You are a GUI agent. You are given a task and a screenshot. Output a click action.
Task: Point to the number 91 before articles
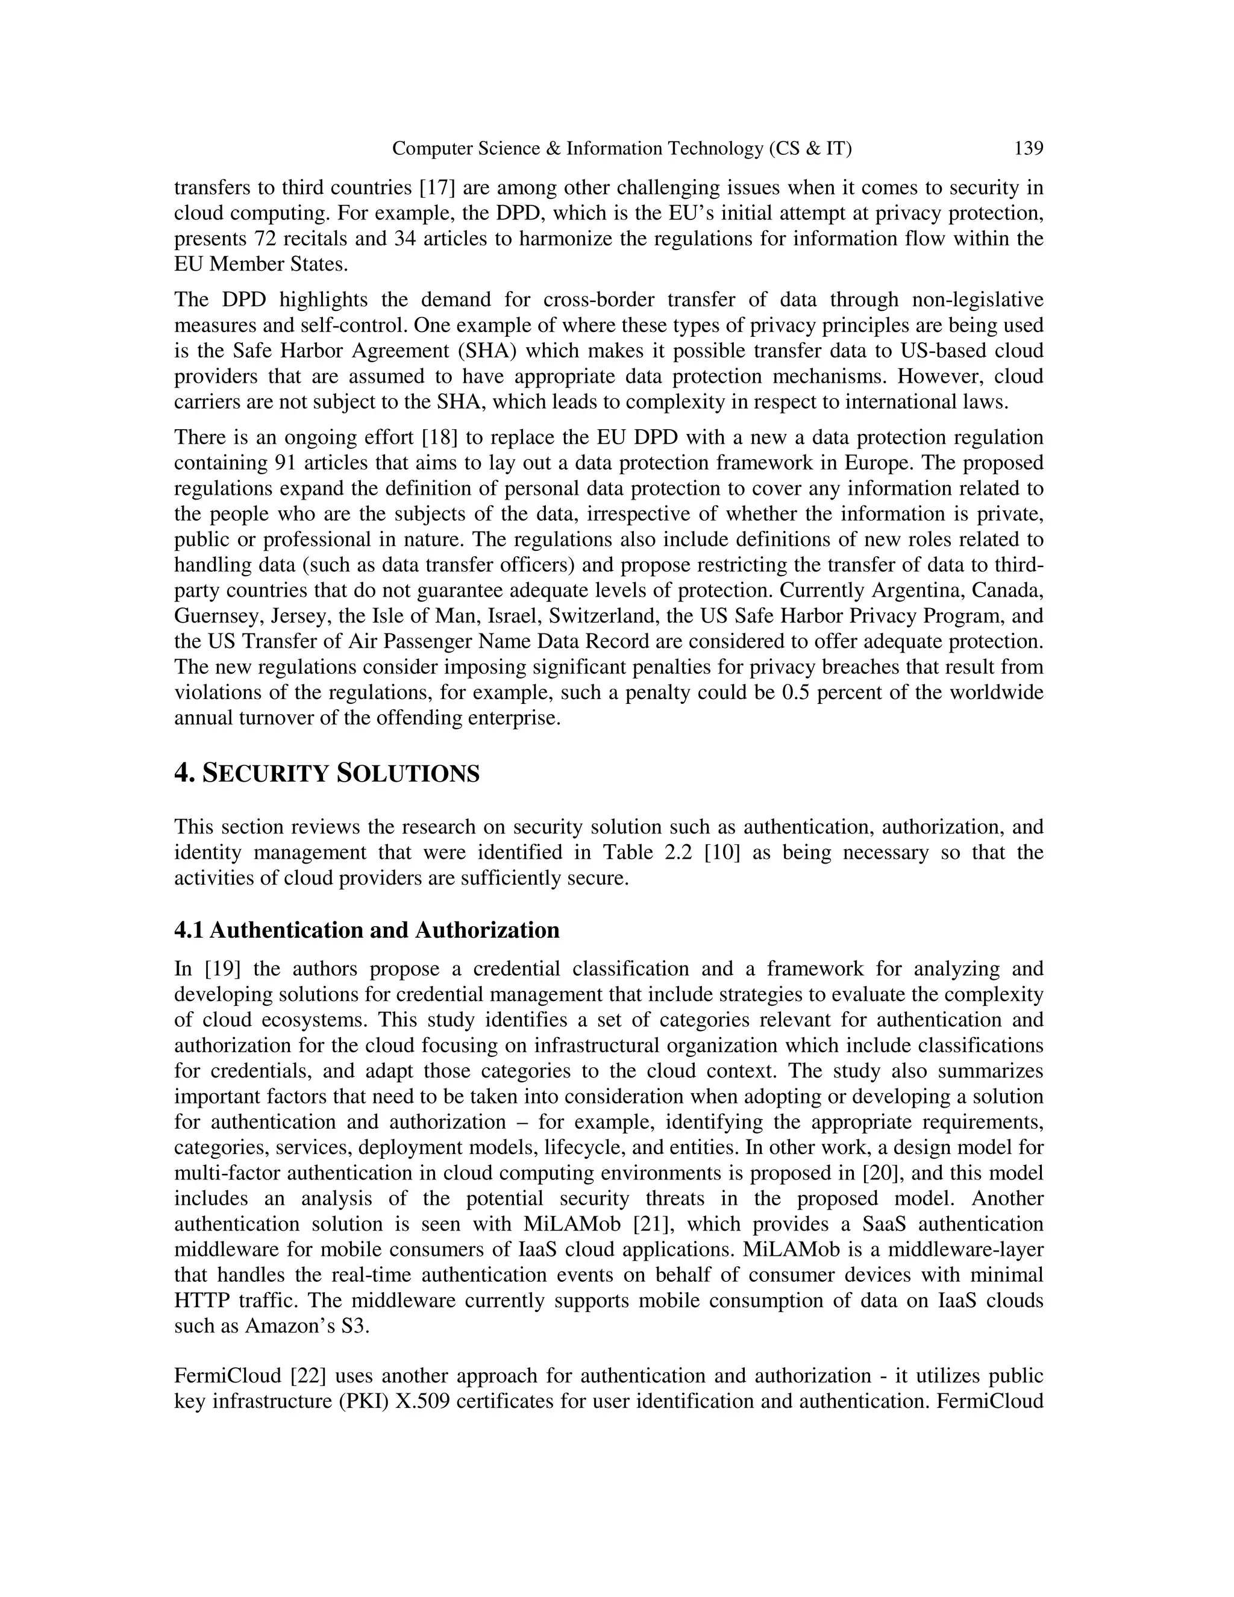point(285,463)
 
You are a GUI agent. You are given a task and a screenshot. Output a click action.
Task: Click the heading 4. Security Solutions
point(327,773)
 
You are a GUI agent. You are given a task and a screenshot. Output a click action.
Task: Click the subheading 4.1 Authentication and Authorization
point(366,930)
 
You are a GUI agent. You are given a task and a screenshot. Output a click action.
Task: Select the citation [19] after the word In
point(223,969)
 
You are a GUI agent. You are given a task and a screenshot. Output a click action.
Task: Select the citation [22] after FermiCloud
point(308,1376)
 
